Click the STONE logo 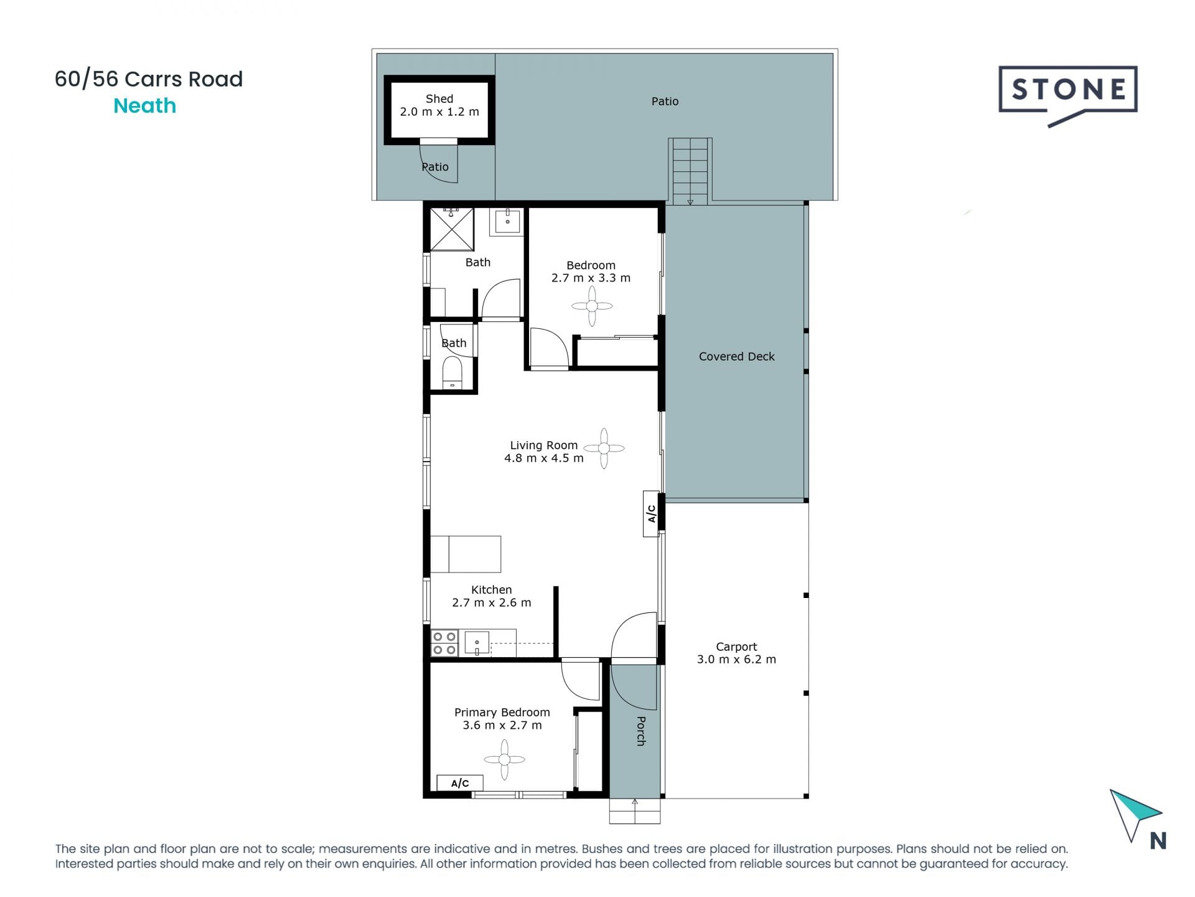click(1068, 91)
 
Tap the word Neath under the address click(144, 106)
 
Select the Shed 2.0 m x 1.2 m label click(439, 105)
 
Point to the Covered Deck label click(736, 356)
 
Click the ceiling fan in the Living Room click(604, 448)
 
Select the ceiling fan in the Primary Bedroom click(504, 759)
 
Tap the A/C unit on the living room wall click(652, 513)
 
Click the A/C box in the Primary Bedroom click(460, 783)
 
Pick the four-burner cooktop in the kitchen click(444, 643)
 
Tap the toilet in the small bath click(452, 373)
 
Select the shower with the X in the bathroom click(452, 229)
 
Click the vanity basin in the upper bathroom click(508, 221)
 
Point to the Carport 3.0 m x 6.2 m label click(736, 653)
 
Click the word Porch click(640, 731)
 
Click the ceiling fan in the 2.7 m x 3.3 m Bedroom click(592, 306)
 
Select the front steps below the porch click(634, 811)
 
